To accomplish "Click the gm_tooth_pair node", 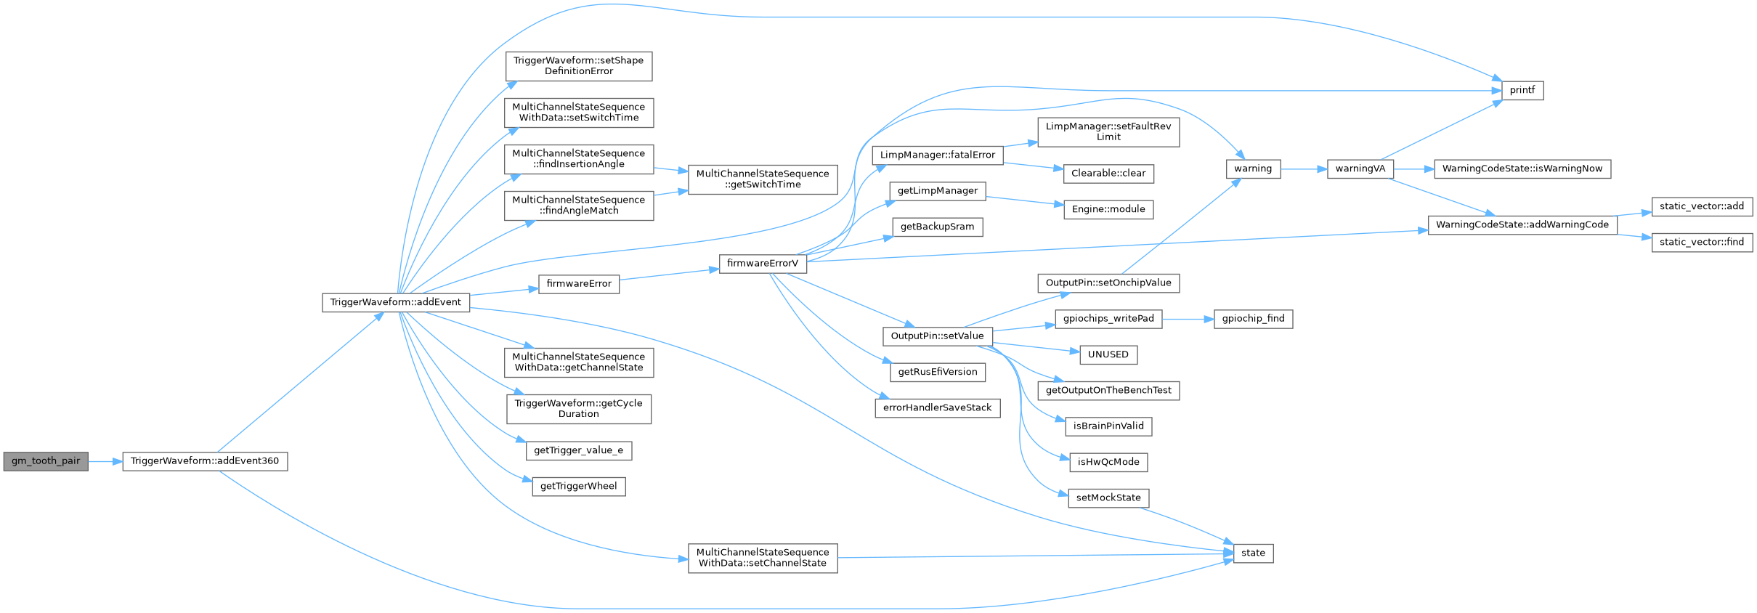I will (46, 461).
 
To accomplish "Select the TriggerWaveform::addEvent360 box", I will (205, 461).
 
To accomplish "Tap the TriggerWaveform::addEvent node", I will (396, 302).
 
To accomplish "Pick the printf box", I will (1522, 91).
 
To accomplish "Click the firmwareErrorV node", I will (763, 263).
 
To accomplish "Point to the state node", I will (1253, 553).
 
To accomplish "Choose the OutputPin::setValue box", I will (937, 336).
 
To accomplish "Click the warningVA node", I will (1360, 169).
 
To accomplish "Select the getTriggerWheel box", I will (579, 486).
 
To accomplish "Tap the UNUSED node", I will (1108, 354).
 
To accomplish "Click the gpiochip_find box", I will (1253, 318).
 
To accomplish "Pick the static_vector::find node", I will (1702, 242).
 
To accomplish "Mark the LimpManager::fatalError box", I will (938, 155).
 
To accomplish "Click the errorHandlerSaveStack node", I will (937, 407).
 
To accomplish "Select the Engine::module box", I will (1108, 209).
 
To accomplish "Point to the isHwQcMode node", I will (1108, 462).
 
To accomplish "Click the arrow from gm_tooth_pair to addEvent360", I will (105, 461).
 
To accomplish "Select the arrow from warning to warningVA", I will (1304, 169).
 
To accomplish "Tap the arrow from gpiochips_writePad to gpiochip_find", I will (1188, 318).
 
